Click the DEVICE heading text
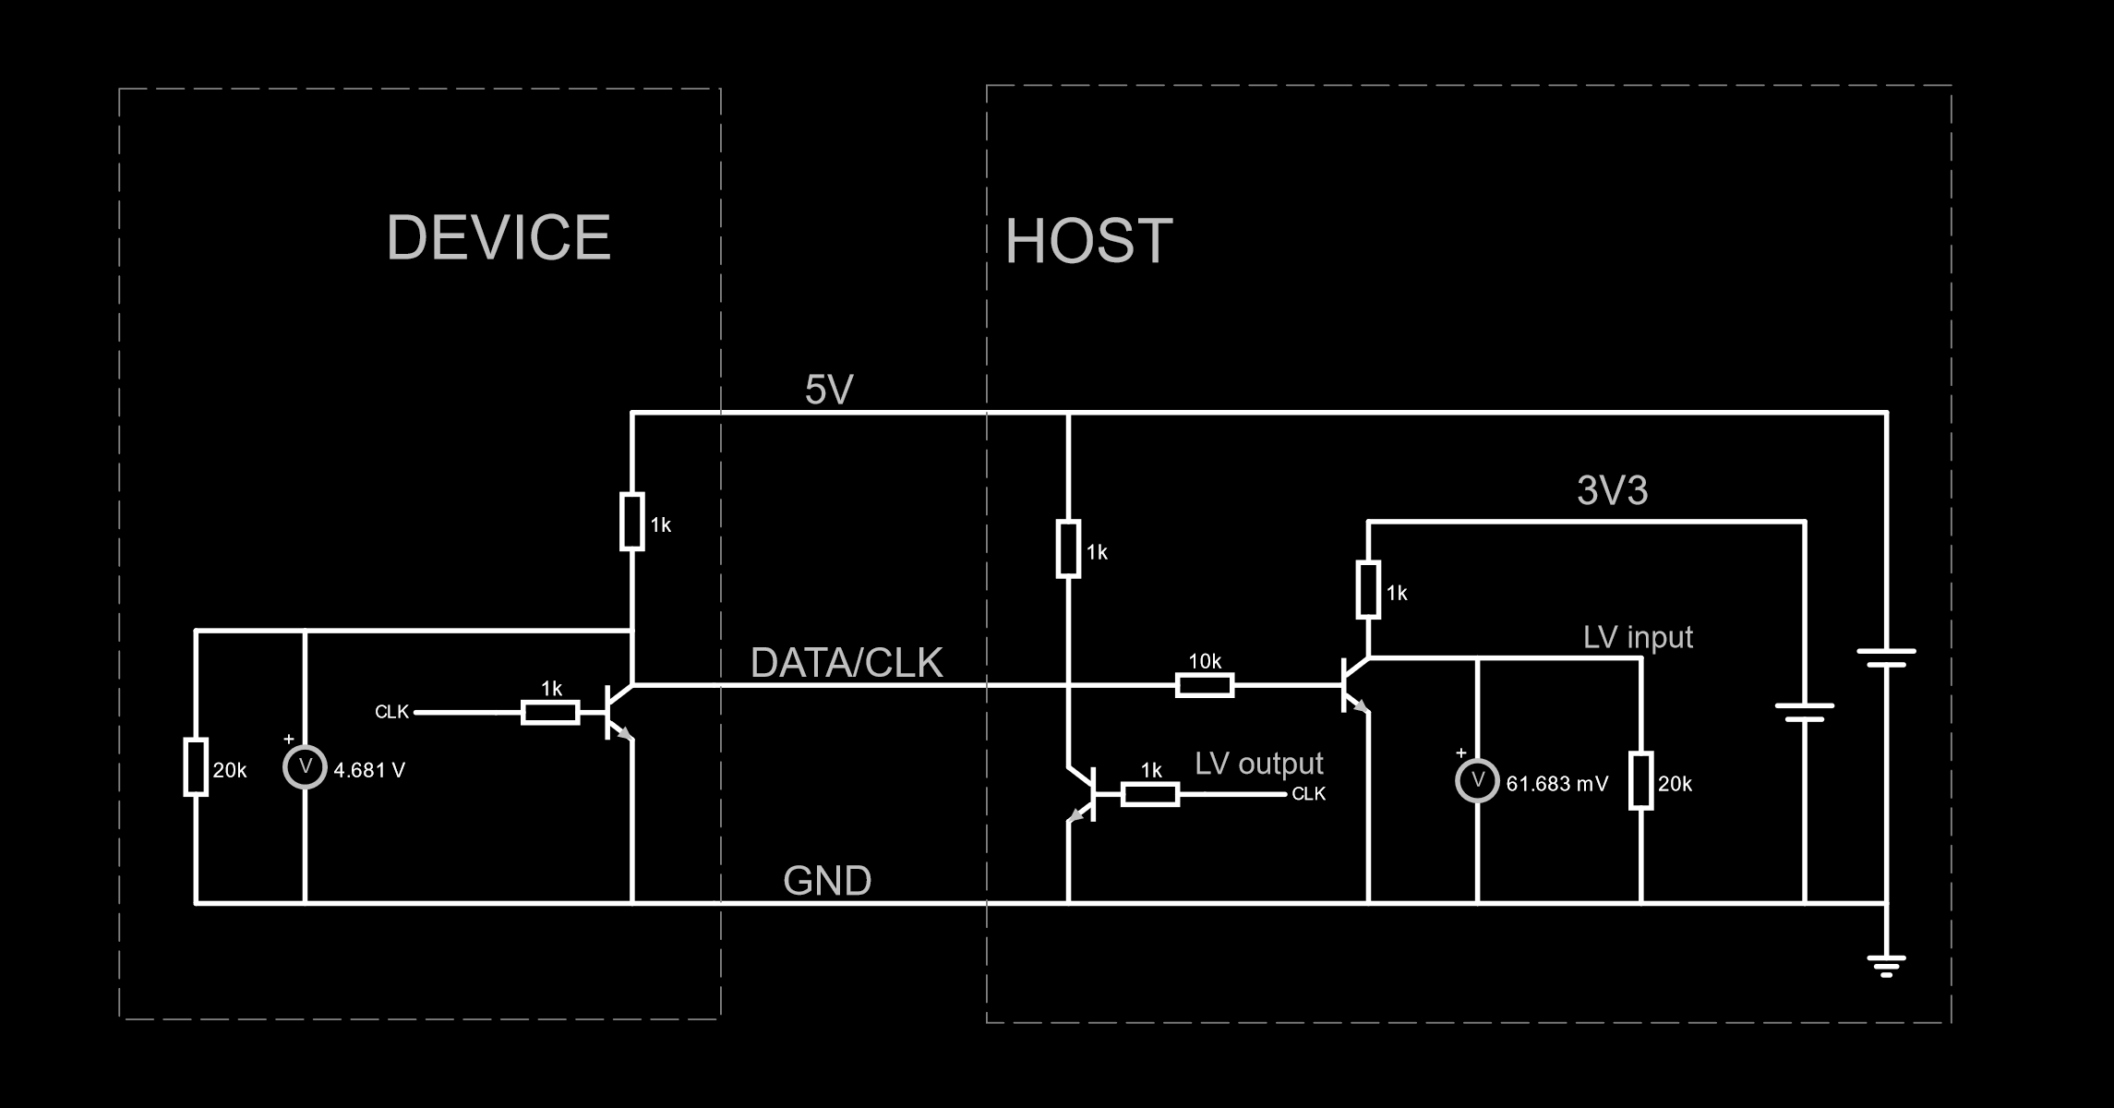pyautogui.click(x=498, y=238)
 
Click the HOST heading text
pyautogui.click(x=1088, y=242)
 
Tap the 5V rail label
pyautogui.click(x=828, y=391)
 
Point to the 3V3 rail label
pyautogui.click(x=1612, y=491)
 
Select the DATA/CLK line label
pyautogui.click(x=847, y=663)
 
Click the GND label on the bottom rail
pyautogui.click(x=827, y=881)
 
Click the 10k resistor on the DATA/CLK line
pyautogui.click(x=1205, y=685)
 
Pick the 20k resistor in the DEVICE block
pyautogui.click(x=196, y=766)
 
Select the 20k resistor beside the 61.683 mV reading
pyautogui.click(x=1640, y=781)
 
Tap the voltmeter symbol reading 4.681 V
pyautogui.click(x=305, y=766)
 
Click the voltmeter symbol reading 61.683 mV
pyautogui.click(x=1477, y=780)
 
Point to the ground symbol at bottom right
pyautogui.click(x=1886, y=966)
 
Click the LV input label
pyautogui.click(x=1638, y=638)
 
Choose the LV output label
pyautogui.click(x=1258, y=764)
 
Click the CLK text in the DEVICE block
pyautogui.click(x=391, y=712)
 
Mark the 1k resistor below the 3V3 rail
pyautogui.click(x=1368, y=589)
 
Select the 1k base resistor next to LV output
pyautogui.click(x=1149, y=794)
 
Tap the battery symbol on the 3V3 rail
pyautogui.click(x=1805, y=712)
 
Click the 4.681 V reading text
pyautogui.click(x=369, y=770)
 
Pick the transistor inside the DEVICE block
pyautogui.click(x=617, y=712)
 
